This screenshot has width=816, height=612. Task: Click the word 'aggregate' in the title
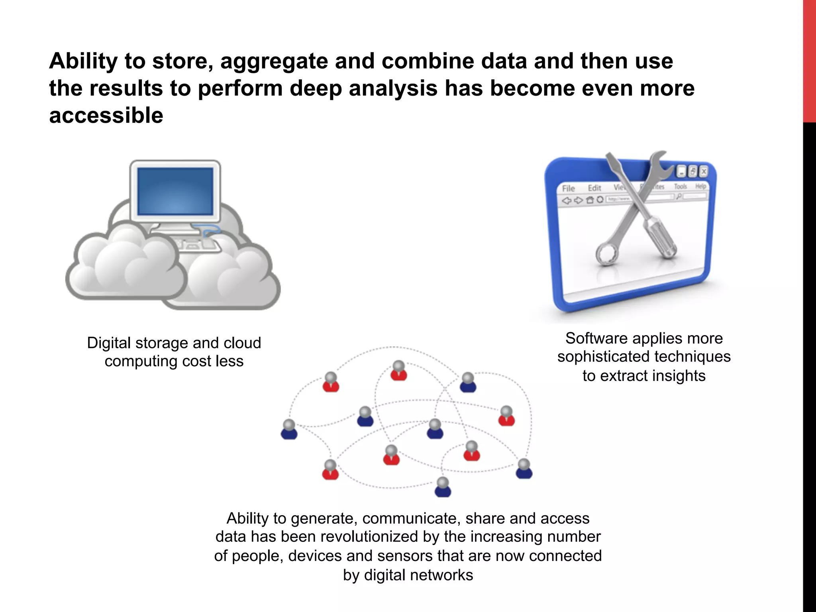pyautogui.click(x=274, y=62)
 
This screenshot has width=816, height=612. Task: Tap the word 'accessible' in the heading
pyautogui.click(x=106, y=116)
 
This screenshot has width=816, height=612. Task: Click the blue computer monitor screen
pyautogui.click(x=175, y=191)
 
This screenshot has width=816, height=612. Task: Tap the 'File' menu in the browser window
pyautogui.click(x=568, y=188)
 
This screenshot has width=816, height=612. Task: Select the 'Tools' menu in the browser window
pyautogui.click(x=681, y=186)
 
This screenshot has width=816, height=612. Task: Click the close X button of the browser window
pyautogui.click(x=704, y=171)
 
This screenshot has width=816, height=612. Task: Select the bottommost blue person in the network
pyautogui.click(x=443, y=487)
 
